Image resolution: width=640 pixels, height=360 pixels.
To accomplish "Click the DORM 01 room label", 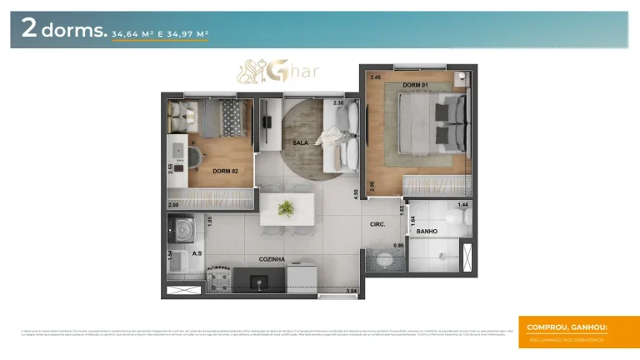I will (x=416, y=86).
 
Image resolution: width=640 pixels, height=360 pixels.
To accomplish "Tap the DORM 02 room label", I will (x=225, y=171).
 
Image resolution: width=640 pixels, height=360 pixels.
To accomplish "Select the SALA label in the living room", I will (x=301, y=143).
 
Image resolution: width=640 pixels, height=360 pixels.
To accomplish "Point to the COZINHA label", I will (x=272, y=259).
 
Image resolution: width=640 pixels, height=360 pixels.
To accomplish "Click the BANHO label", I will (x=427, y=231).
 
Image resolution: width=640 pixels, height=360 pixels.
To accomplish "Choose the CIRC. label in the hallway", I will (x=377, y=224).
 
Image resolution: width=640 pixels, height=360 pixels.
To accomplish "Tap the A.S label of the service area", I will (x=197, y=252).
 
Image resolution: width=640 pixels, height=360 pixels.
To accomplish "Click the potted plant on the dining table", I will (x=287, y=207).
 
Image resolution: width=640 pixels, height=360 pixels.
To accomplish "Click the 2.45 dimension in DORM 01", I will (x=376, y=77).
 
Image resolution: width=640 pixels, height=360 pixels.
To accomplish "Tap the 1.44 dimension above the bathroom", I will (x=462, y=204).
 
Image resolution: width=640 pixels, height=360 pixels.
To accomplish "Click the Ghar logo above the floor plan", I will (x=280, y=71).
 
